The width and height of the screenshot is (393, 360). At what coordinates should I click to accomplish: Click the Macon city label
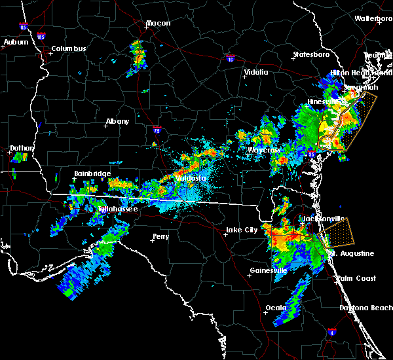158,24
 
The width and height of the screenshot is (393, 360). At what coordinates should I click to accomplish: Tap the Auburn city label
16,42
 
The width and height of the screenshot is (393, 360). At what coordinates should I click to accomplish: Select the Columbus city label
69,48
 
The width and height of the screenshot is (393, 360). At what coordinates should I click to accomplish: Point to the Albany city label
117,121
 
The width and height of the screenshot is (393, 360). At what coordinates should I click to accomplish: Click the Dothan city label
22,149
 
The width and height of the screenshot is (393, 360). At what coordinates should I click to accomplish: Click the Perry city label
160,236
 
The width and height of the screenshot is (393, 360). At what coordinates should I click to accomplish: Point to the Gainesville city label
269,270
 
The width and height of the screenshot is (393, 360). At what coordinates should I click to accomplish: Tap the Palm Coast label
356,278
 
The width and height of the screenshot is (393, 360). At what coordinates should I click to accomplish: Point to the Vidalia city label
256,73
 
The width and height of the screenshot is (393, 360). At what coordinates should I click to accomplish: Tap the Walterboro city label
373,18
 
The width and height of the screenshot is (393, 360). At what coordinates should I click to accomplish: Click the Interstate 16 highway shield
230,59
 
